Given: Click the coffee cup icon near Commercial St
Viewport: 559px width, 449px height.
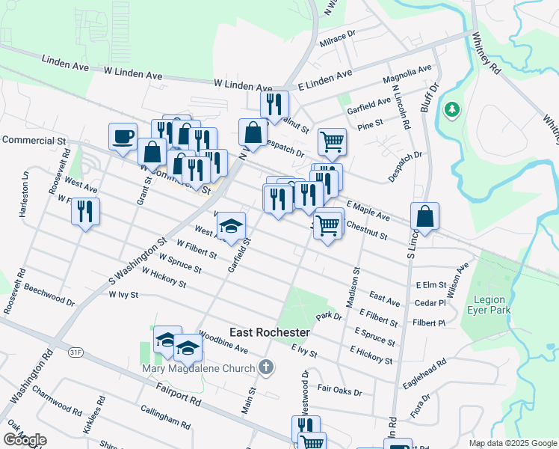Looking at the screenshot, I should pyautogui.click(x=123, y=137).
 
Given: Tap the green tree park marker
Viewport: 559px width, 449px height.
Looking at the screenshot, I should pyautogui.click(x=451, y=111).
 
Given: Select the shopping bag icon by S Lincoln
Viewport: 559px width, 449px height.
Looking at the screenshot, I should pyautogui.click(x=424, y=217).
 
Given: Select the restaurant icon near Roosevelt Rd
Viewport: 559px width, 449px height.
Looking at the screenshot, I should pyautogui.click(x=85, y=212).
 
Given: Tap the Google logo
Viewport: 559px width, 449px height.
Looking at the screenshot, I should pyautogui.click(x=25, y=440).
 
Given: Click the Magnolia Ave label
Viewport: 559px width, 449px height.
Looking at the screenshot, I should pyautogui.click(x=407, y=74).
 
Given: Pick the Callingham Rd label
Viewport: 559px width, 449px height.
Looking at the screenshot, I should pyautogui.click(x=164, y=417).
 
